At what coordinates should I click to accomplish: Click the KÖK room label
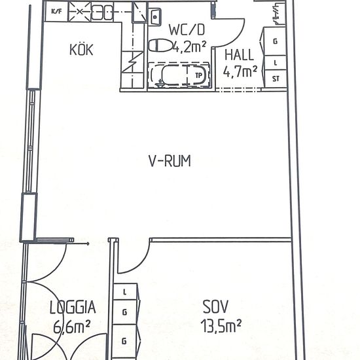pos(81,50)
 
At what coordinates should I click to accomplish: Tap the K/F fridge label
pos(56,12)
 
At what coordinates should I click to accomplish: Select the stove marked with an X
pos(79,12)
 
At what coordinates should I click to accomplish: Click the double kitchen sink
pos(102,12)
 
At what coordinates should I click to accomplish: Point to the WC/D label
pos(187,29)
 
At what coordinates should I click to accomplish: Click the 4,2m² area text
pos(189,47)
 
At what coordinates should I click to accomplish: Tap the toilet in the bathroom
pos(160,45)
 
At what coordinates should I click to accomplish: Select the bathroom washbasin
pos(156,17)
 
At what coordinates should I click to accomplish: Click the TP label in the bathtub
pos(198,75)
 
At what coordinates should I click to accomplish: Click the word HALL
pos(239,55)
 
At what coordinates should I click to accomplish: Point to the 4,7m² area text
pos(240,71)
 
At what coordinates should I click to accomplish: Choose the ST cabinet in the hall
pos(276,79)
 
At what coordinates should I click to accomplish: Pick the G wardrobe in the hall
pos(275,41)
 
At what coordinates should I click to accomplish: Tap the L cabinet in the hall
pos(276,63)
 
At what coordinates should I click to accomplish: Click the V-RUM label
pos(170,161)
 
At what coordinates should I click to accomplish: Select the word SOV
pos(215,306)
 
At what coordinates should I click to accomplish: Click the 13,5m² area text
pos(221,326)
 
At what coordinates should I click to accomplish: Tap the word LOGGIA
pos(73,307)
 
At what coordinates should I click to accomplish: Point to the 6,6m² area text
pos(71,327)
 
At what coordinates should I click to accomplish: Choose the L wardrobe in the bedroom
pos(125,292)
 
